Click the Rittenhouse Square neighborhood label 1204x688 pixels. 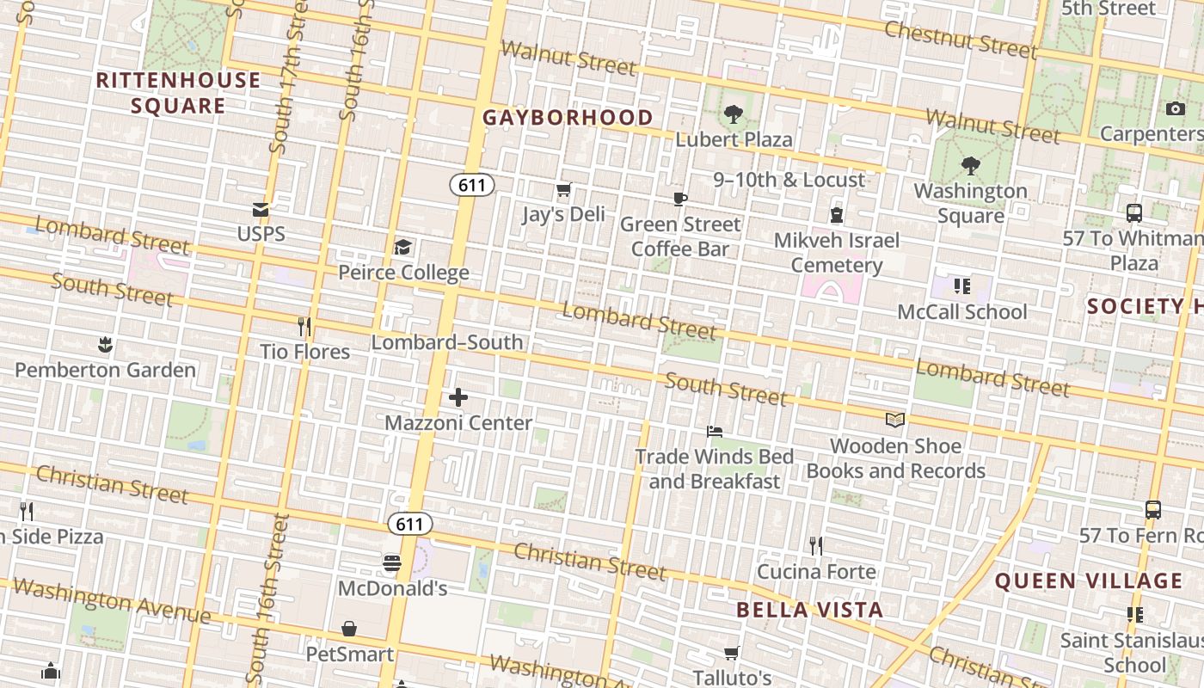coord(178,93)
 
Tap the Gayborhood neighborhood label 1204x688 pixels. coord(568,118)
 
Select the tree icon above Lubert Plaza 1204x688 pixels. coord(734,114)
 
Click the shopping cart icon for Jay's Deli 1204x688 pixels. coord(563,189)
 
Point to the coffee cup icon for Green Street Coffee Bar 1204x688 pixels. coord(680,200)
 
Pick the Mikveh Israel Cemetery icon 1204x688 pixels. coord(836,214)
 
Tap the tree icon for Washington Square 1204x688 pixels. coord(971,165)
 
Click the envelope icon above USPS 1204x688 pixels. coord(261,210)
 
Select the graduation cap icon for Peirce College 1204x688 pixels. coord(402,249)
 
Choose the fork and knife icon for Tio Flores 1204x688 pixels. coord(304,327)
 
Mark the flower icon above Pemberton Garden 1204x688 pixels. coord(105,345)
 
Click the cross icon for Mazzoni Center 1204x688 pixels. coord(458,397)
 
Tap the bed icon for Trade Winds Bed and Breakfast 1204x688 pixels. coord(714,431)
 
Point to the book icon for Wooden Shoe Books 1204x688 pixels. coord(895,420)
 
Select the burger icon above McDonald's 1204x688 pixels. coord(392,563)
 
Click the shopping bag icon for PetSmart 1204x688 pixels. coord(349,630)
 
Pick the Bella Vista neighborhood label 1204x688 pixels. coord(809,611)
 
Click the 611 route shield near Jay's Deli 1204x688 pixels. coord(471,185)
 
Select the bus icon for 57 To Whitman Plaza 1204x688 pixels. coord(1133,213)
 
